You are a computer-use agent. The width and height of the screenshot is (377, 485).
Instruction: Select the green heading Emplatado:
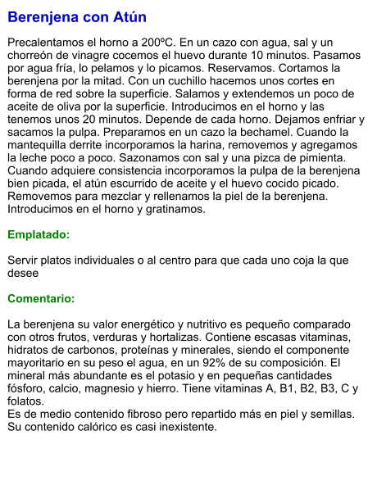coord(39,234)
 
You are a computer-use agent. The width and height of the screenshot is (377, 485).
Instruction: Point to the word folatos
coord(25,401)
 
